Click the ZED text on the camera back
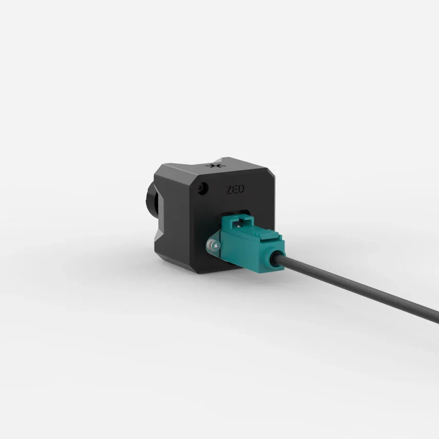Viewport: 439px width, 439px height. coord(235,190)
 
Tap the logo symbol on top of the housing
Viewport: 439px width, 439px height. coord(215,166)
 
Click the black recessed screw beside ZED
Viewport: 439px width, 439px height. coord(203,187)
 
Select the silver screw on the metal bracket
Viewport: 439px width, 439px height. coord(216,246)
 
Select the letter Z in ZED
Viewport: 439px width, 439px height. coord(229,190)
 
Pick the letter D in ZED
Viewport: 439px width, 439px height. coord(241,189)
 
